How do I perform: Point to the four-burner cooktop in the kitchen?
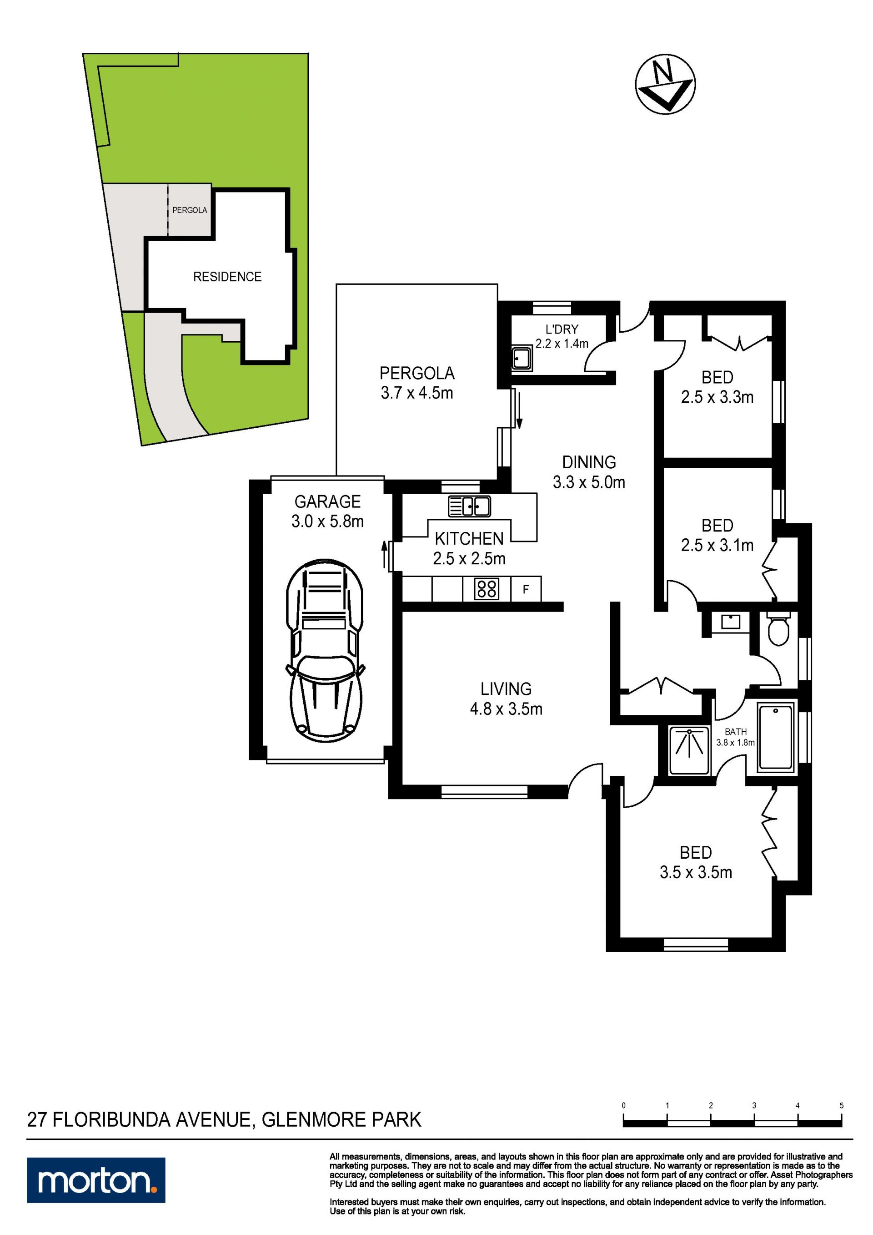486,588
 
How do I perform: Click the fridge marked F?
526,589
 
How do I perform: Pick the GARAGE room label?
327,501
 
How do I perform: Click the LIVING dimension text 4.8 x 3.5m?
506,709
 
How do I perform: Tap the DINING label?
589,462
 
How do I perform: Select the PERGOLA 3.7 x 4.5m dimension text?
416,393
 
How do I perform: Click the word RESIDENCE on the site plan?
227,277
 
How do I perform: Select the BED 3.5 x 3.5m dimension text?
696,872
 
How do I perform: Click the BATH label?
735,732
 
